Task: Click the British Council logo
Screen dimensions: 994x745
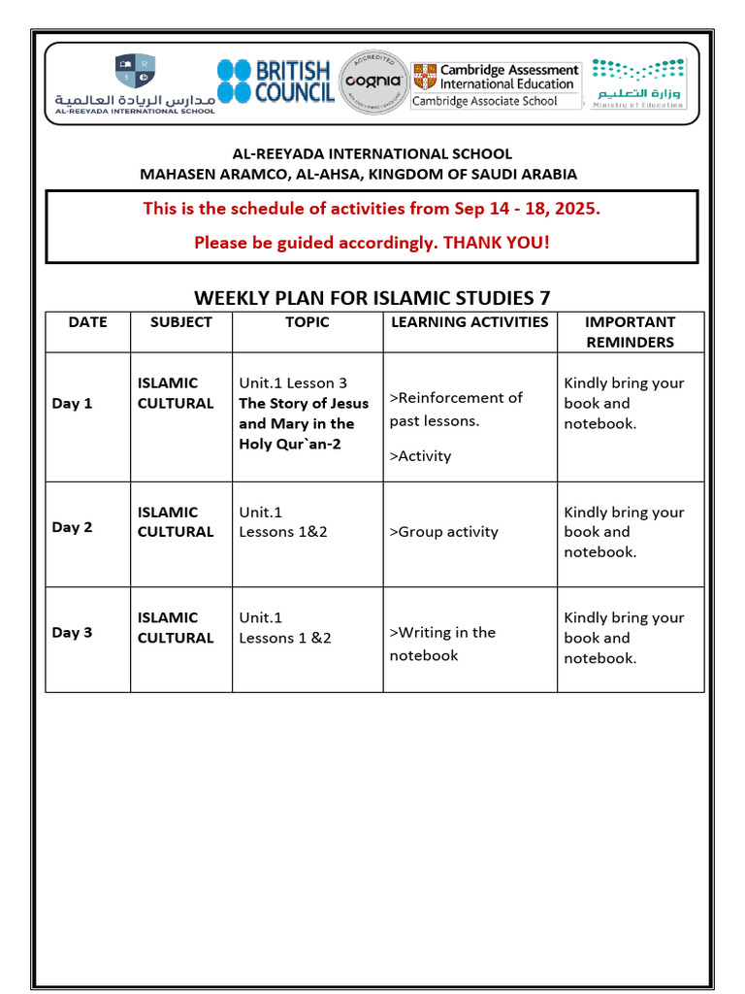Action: pyautogui.click(x=275, y=82)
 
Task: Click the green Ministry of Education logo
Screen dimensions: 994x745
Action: pyautogui.click(x=638, y=83)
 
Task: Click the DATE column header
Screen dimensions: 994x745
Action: pyautogui.click(x=87, y=322)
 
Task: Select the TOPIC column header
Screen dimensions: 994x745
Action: pyautogui.click(x=307, y=322)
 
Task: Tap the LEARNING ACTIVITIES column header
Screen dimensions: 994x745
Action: pyautogui.click(x=470, y=322)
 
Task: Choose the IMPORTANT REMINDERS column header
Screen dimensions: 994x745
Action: pyautogui.click(x=630, y=332)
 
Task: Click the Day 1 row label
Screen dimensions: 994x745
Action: pyautogui.click(x=72, y=404)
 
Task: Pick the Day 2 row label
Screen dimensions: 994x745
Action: pyautogui.click(x=72, y=528)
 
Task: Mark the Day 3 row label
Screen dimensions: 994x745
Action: pyautogui.click(x=72, y=633)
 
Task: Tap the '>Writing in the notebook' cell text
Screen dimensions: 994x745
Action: pyautogui.click(x=442, y=644)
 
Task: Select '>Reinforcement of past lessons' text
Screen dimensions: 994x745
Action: pyautogui.click(x=455, y=409)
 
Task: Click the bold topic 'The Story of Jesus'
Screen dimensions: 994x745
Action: pyautogui.click(x=304, y=404)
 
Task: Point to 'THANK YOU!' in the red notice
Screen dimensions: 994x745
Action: pyautogui.click(x=497, y=243)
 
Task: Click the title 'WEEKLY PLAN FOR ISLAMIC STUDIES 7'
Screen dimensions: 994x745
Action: pyautogui.click(x=372, y=297)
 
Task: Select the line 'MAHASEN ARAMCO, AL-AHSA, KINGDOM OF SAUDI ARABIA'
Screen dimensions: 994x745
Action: pyautogui.click(x=359, y=175)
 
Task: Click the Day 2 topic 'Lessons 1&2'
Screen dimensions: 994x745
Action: pyautogui.click(x=283, y=532)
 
